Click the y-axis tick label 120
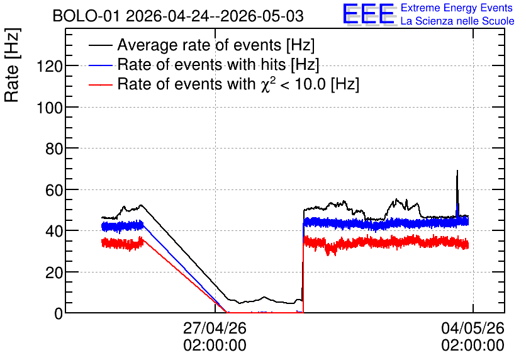click(50, 66)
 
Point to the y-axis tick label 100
click(50, 108)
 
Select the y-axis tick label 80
click(54, 149)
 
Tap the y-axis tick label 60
click(54, 190)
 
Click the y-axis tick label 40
click(54, 231)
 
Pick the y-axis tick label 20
click(54, 273)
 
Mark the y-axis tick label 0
click(59, 313)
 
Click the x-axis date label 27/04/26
click(215, 328)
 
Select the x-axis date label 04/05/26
click(473, 328)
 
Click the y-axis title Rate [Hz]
click(12, 65)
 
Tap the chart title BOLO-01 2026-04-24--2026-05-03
click(178, 16)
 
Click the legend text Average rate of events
click(199, 45)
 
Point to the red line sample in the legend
click(101, 85)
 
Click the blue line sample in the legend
click(101, 65)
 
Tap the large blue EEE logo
click(368, 14)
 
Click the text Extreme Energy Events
click(457, 8)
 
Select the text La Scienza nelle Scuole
click(457, 21)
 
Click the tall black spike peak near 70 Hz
click(457, 171)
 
